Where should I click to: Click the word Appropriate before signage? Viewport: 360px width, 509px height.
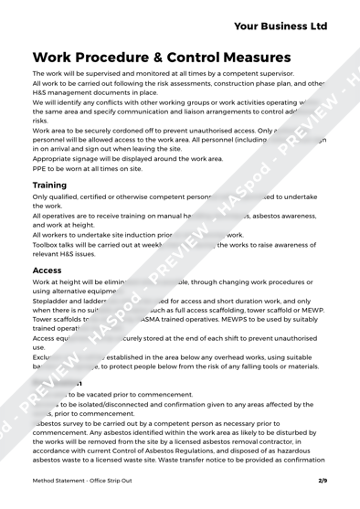tap(58, 157)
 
